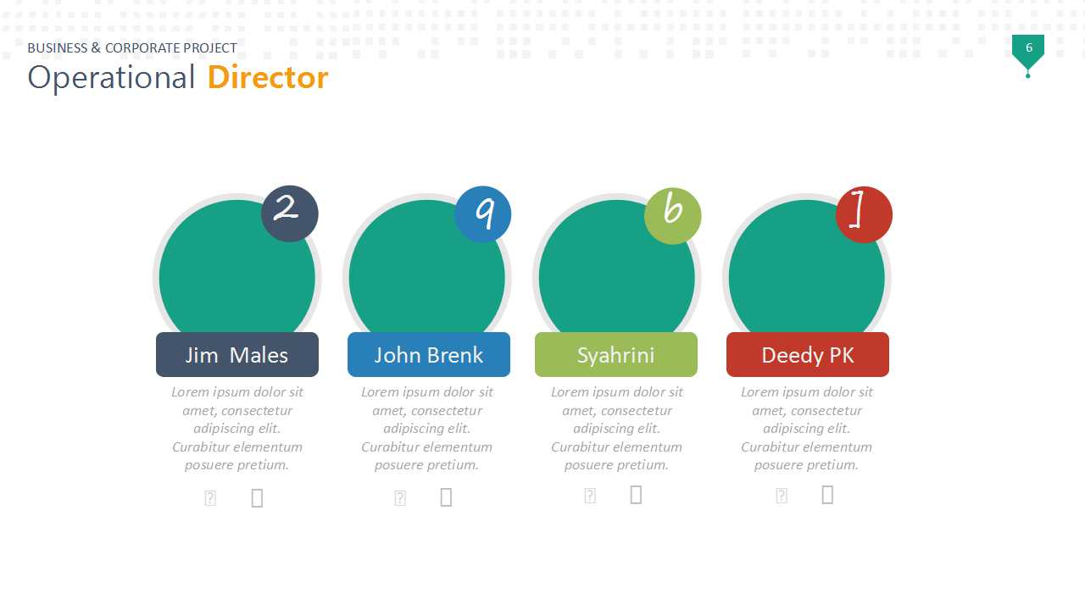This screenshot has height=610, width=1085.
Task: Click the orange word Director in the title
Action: pyautogui.click(x=268, y=77)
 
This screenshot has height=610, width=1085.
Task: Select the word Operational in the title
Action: pyautogui.click(x=111, y=77)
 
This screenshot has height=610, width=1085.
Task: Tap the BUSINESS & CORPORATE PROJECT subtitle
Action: pyautogui.click(x=132, y=48)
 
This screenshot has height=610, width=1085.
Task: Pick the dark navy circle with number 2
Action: pyautogui.click(x=290, y=214)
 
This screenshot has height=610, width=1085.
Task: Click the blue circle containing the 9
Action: pyautogui.click(x=483, y=214)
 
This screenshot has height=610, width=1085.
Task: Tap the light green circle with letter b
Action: pyautogui.click(x=673, y=216)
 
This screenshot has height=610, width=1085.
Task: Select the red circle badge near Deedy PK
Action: pyautogui.click(x=864, y=214)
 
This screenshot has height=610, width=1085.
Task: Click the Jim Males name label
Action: pyautogui.click(x=237, y=355)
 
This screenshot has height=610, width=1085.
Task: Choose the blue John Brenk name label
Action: pyautogui.click(x=429, y=355)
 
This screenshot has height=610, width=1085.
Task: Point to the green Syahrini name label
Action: pyautogui.click(x=616, y=355)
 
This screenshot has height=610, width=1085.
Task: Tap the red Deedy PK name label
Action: pyautogui.click(x=808, y=355)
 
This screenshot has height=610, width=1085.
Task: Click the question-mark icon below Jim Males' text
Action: pyautogui.click(x=210, y=498)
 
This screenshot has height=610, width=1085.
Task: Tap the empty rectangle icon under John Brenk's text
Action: pyautogui.click(x=446, y=497)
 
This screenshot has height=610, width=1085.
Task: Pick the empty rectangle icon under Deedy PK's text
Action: pyautogui.click(x=828, y=495)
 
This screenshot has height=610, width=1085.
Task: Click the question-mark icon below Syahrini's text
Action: pyautogui.click(x=590, y=496)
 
